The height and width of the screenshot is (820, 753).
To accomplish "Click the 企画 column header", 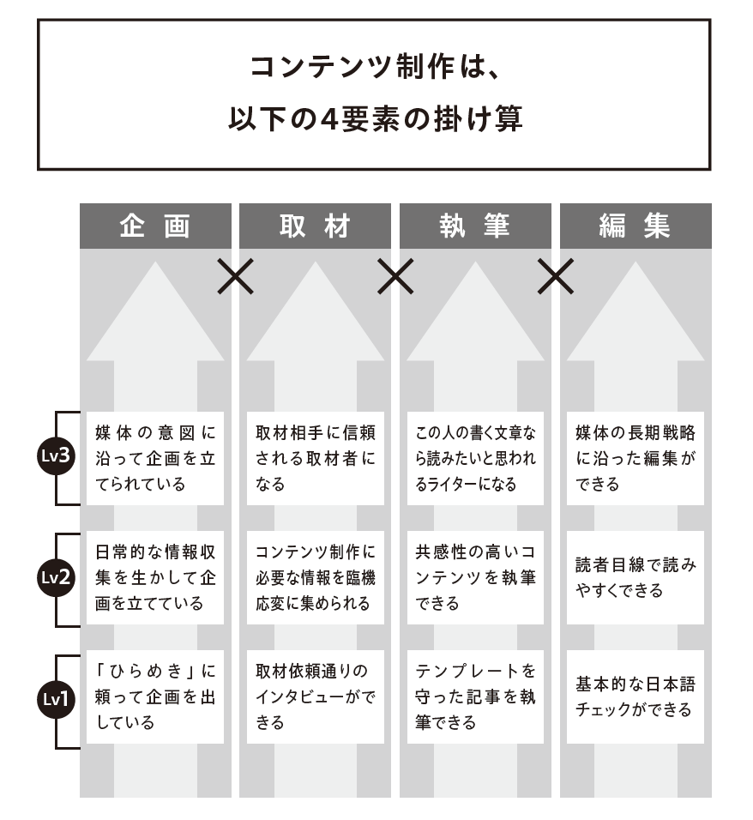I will [155, 226].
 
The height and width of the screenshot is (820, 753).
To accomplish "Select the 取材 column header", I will [315, 226].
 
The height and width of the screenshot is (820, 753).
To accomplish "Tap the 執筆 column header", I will [475, 226].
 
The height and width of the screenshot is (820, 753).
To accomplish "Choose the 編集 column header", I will [636, 226].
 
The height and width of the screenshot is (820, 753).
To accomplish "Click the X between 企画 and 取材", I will [235, 276].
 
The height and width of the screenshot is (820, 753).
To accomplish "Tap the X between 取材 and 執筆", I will [395, 276].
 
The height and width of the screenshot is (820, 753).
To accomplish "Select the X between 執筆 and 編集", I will [555, 276].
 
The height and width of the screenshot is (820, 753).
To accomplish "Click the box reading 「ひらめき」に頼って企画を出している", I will [155, 697].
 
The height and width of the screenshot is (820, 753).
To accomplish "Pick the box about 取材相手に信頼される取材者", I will [315, 459].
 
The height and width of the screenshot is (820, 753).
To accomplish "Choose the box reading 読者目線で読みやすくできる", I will [636, 578].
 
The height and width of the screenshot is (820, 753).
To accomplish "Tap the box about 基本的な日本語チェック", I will [636, 697].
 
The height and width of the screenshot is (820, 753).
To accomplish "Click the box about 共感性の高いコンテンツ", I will [475, 578].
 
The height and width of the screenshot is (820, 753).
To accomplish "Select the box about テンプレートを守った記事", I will [475, 697].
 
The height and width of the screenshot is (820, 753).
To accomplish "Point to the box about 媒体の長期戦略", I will [636, 459].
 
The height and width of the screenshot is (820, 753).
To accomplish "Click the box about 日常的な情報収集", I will [155, 578].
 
